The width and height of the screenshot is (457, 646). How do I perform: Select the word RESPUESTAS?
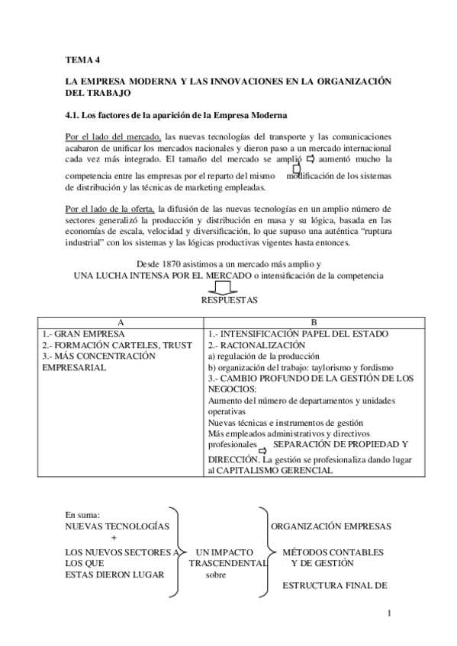tap(228, 300)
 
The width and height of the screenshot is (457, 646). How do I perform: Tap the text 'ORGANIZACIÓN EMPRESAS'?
tap(332, 526)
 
